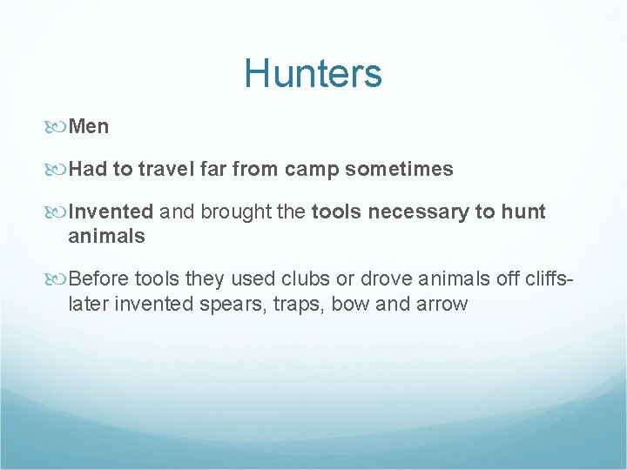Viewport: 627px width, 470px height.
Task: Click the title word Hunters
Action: point(313,73)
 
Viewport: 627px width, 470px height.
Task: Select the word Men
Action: point(89,126)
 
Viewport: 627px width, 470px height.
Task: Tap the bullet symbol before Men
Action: point(60,127)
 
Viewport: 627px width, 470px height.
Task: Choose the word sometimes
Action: point(399,169)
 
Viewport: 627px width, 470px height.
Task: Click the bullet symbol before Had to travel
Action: point(60,170)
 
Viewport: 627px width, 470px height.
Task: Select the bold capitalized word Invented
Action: point(111,211)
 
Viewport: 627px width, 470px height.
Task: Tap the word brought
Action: point(226,211)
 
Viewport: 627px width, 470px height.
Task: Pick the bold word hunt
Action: point(522,211)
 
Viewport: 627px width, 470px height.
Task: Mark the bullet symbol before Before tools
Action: point(60,279)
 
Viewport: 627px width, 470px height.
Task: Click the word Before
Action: point(98,279)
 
